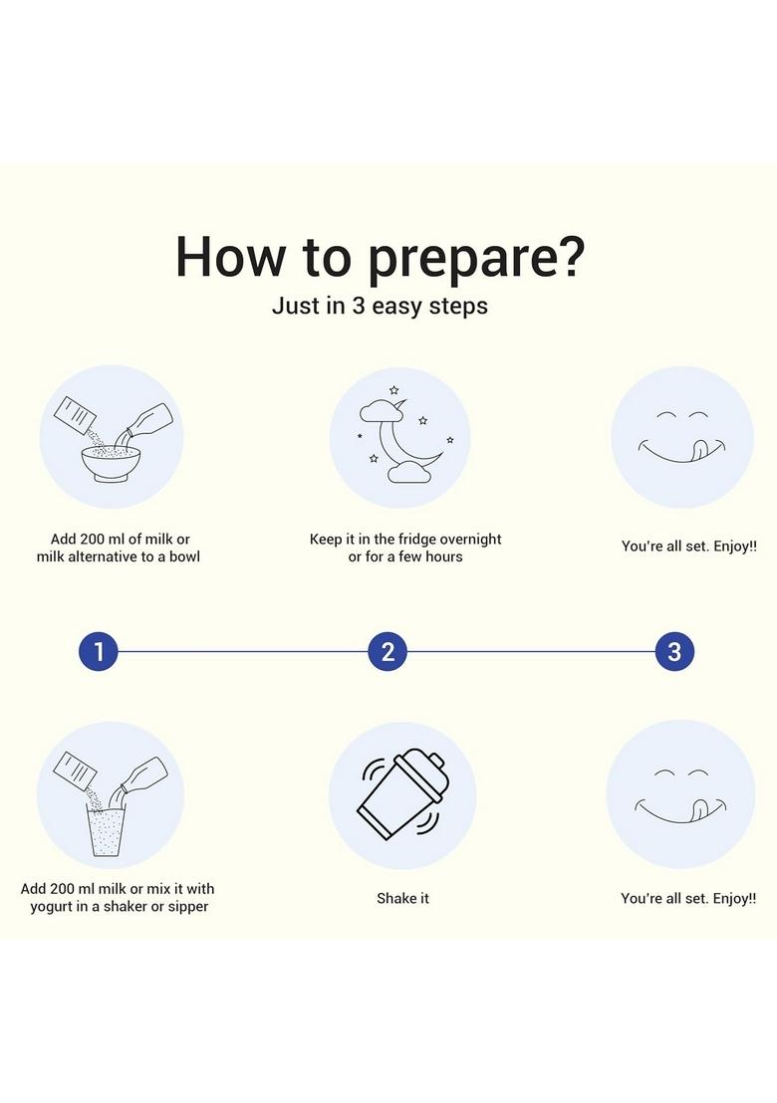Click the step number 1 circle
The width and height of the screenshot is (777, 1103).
(98, 651)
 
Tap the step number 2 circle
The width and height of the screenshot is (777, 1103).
(388, 651)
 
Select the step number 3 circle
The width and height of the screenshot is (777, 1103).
(674, 651)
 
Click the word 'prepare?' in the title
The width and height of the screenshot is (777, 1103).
(476, 258)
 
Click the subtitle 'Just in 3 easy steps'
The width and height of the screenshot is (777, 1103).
(381, 306)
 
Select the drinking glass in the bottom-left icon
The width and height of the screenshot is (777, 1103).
(107, 831)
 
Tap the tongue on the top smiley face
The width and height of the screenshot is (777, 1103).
(699, 450)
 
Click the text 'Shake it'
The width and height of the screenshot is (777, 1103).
(402, 898)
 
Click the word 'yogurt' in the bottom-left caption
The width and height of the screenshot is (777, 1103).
(53, 907)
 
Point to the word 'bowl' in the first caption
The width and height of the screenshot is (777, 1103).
(184, 556)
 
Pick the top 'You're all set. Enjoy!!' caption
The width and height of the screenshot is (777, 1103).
(689, 547)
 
